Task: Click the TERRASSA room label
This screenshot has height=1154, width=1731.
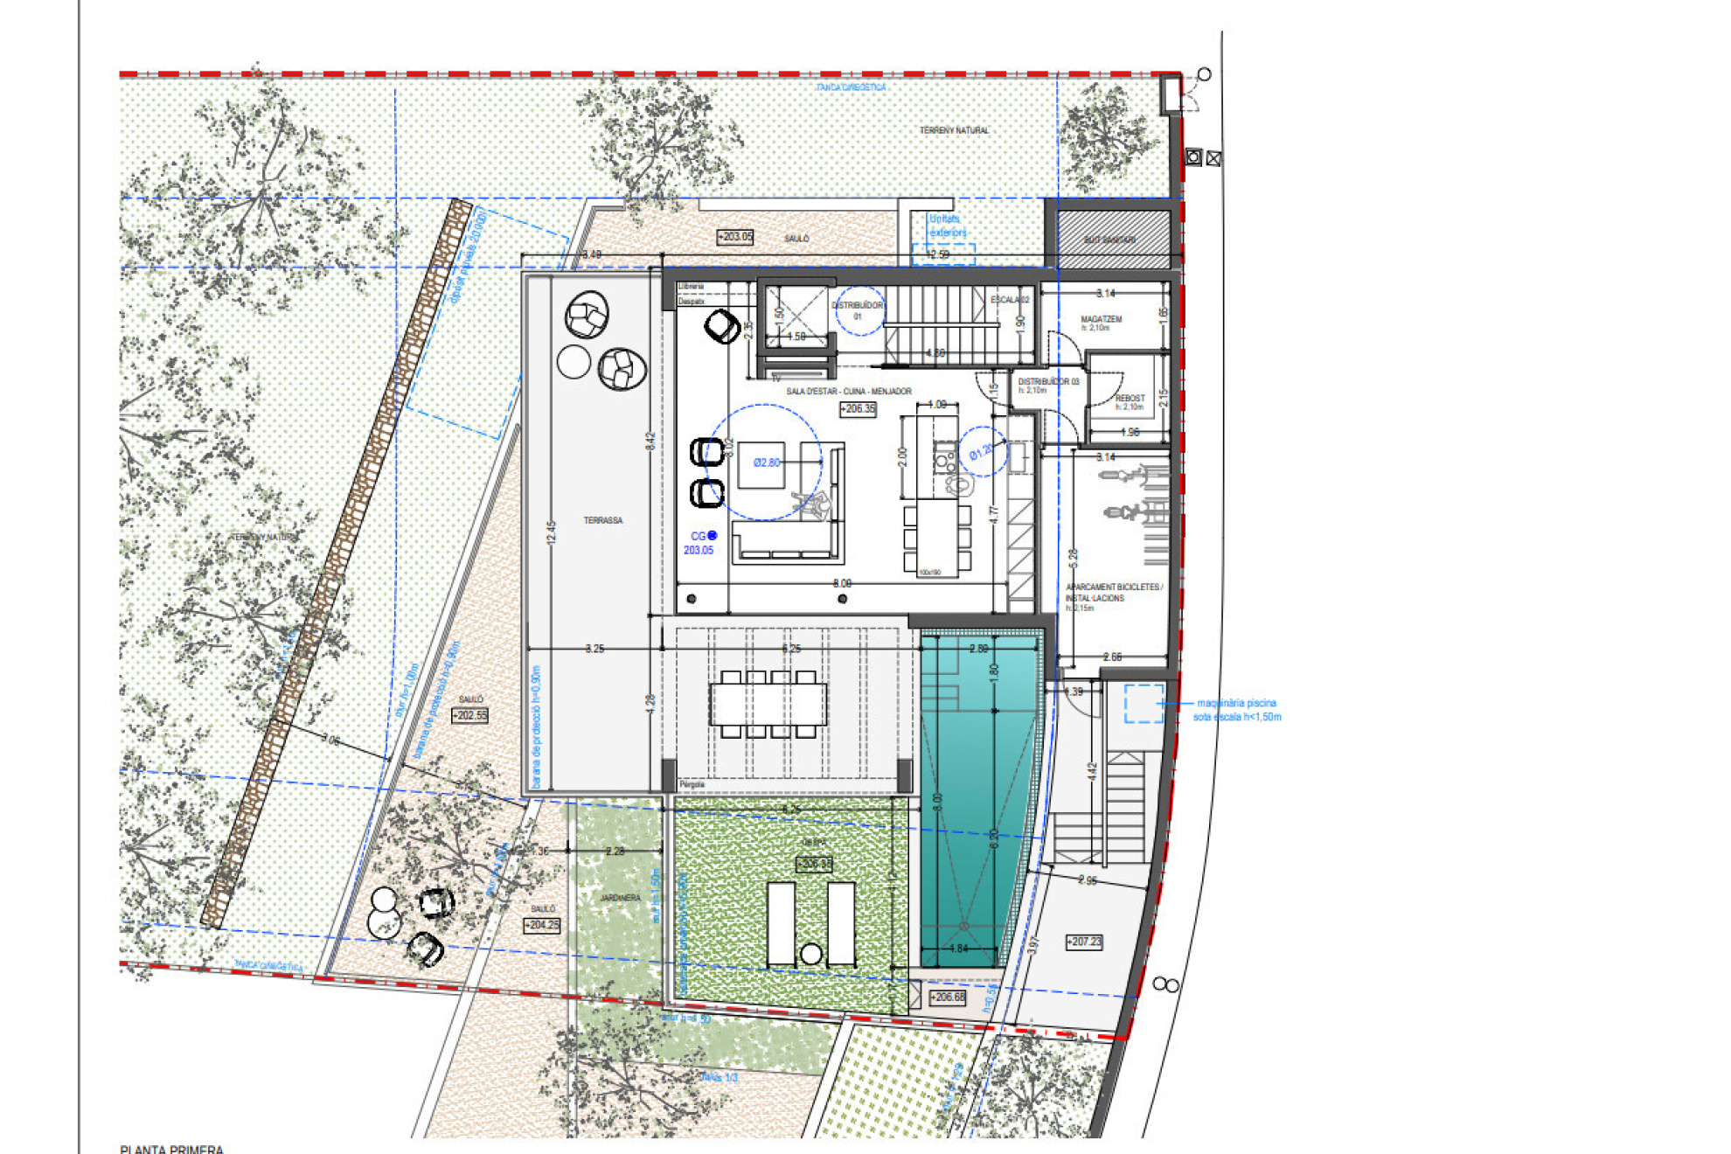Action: point(602,520)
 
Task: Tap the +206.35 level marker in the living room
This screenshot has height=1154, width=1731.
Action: point(858,408)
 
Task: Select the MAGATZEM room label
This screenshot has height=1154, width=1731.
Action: point(1101,320)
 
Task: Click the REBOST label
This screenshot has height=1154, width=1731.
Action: point(1130,399)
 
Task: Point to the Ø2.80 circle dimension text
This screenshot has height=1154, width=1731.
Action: point(767,462)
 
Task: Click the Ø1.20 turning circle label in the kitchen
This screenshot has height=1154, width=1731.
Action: point(981,452)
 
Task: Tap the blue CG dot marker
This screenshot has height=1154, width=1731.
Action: point(712,535)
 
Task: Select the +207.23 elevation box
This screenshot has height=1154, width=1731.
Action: point(1084,942)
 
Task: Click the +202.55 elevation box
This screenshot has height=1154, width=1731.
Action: point(469,715)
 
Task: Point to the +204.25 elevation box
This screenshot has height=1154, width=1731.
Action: point(541,925)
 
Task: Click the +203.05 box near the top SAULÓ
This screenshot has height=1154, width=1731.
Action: point(734,237)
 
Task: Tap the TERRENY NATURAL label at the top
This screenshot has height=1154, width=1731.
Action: point(954,130)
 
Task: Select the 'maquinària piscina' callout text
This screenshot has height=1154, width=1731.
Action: point(1236,709)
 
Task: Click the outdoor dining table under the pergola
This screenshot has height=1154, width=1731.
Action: point(768,704)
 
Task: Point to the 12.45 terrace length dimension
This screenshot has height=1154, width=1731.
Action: point(551,533)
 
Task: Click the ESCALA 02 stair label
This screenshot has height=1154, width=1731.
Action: point(1010,300)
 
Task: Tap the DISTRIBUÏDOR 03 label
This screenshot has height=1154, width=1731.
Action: point(1048,382)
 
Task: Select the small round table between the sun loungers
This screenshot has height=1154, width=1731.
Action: point(810,954)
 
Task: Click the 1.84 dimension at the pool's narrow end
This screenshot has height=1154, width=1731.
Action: point(958,949)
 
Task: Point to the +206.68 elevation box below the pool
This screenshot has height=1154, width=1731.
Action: point(948,997)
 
